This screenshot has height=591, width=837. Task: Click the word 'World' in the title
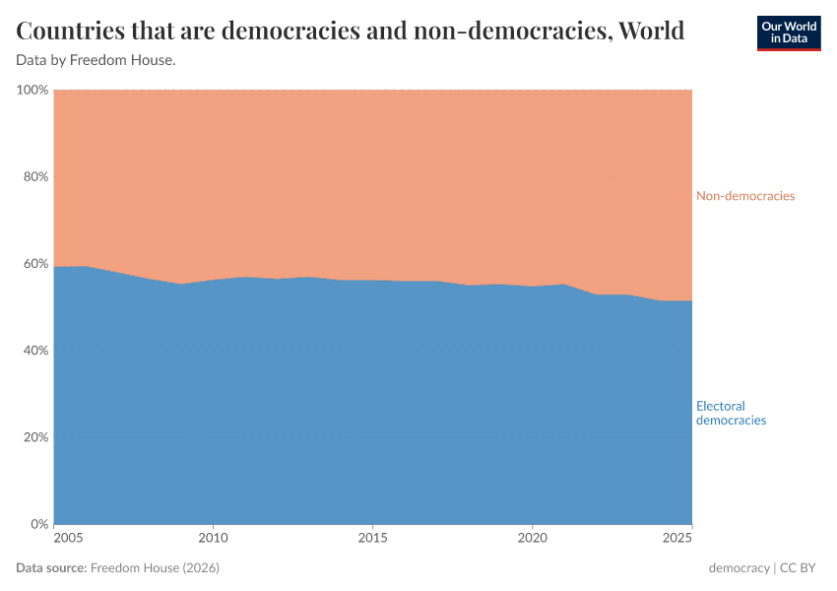tap(650, 31)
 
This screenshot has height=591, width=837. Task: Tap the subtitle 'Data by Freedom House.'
tap(97, 60)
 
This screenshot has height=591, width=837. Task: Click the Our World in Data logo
tap(789, 33)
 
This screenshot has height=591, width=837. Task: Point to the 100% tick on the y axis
tap(32, 91)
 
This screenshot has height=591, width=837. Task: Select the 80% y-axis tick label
tap(35, 177)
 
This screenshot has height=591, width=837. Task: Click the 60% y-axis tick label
tap(35, 264)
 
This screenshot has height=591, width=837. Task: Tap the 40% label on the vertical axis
tap(35, 351)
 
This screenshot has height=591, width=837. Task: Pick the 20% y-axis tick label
tap(35, 437)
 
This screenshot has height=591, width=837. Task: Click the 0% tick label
tap(39, 524)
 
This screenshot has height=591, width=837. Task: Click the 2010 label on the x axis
tap(213, 538)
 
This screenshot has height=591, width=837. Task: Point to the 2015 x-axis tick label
tap(372, 538)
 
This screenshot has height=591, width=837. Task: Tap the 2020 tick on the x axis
tap(532, 538)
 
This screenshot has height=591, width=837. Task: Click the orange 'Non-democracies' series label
tap(744, 196)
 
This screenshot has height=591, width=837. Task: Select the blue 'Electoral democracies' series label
tap(731, 413)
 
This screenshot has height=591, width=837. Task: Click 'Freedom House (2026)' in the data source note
tap(155, 568)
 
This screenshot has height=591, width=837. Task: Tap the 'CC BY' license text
tap(801, 568)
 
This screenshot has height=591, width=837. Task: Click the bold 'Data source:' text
tap(51, 568)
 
